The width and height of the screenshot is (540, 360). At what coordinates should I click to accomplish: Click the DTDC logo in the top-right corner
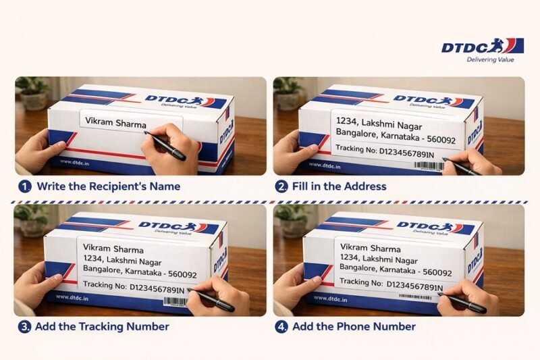(482, 46)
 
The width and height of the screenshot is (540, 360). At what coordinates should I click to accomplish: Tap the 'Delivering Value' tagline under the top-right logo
(490, 60)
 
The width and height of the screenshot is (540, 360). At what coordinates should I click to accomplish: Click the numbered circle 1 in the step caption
(25, 186)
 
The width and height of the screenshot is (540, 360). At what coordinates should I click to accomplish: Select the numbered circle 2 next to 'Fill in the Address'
(281, 186)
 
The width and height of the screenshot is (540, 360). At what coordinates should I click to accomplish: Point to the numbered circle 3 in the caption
(25, 327)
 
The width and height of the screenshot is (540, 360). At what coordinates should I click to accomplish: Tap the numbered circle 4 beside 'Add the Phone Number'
(281, 327)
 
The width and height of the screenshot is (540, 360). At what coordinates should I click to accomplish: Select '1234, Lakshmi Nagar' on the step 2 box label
(382, 122)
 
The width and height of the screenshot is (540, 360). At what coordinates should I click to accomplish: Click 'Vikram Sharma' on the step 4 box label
(371, 248)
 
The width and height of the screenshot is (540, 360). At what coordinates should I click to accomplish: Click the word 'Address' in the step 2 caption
(363, 186)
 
